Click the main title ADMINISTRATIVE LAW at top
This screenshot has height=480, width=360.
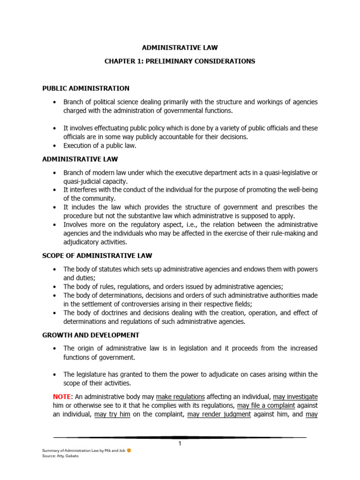tap(180, 47)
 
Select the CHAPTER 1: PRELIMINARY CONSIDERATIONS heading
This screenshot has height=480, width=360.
tap(180, 61)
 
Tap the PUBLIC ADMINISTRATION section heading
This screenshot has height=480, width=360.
tap(86, 88)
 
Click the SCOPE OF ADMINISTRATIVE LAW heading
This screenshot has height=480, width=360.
tap(97, 255)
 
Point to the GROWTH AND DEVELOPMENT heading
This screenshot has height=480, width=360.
tap(90, 335)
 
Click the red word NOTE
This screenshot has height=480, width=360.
tap(61, 397)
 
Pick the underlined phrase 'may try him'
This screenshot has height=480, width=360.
tap(112, 414)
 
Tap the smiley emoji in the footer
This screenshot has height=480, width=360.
tap(129, 450)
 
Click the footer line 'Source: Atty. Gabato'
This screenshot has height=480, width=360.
tap(59, 456)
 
